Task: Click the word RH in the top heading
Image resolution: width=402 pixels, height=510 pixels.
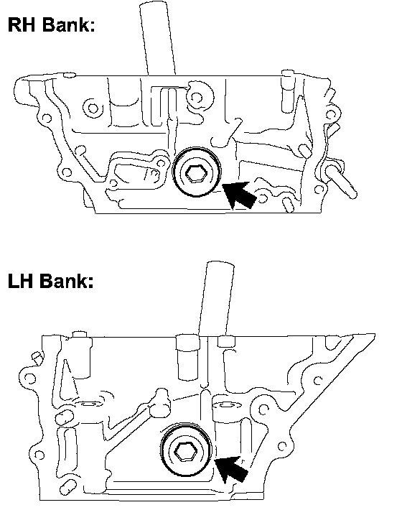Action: [21, 24]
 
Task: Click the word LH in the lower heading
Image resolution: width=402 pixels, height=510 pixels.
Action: [20, 281]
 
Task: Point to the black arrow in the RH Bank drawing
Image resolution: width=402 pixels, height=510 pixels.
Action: [240, 195]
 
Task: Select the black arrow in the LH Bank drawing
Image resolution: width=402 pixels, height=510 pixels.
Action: [231, 469]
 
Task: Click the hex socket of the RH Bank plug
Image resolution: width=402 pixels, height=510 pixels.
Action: [195, 172]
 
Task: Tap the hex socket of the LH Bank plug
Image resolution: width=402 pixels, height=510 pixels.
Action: [184, 452]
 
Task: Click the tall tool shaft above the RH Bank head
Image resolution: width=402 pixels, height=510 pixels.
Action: [158, 38]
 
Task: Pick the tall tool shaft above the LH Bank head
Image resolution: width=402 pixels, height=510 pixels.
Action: [216, 297]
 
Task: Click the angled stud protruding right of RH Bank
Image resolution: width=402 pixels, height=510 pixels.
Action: [340, 180]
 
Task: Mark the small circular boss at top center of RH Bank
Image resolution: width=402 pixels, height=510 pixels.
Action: [197, 97]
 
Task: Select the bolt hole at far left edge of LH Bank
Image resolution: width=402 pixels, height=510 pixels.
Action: [30, 378]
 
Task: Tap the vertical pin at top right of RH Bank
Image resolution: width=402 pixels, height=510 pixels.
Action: [288, 91]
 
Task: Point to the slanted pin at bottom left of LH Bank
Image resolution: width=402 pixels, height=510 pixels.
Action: [69, 487]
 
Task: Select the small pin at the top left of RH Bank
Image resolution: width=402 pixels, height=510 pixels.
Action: [70, 75]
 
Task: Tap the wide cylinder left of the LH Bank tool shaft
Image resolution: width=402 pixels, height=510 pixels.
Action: [187, 357]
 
